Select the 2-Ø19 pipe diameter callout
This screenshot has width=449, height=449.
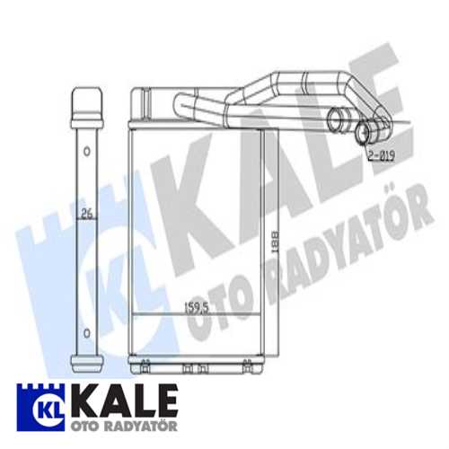click(379, 155)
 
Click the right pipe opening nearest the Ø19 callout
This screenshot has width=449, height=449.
click(365, 134)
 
